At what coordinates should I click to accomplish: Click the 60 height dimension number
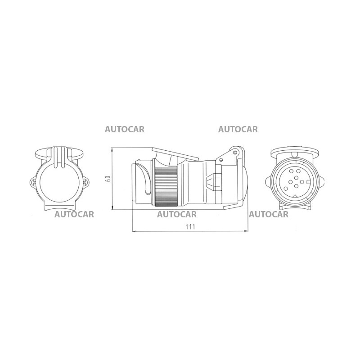[108, 179]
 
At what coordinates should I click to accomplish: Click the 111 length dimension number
[190, 227]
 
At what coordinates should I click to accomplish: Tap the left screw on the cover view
[33, 183]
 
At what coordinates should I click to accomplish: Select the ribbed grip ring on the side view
[166, 186]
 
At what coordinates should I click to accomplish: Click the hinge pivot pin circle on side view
[235, 153]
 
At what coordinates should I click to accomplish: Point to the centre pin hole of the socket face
[296, 178]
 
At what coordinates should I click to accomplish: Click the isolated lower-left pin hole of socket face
[286, 189]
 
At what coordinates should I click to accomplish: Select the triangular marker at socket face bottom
[296, 196]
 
